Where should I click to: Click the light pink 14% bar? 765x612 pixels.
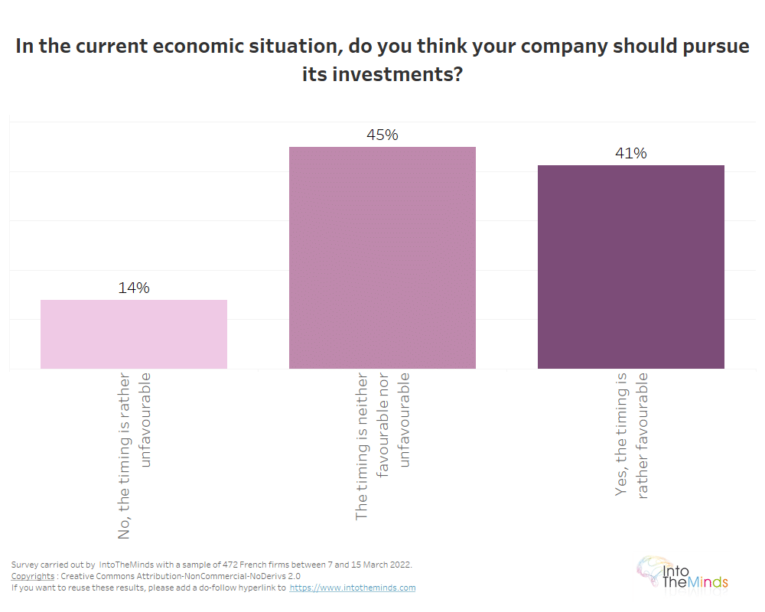[134, 334]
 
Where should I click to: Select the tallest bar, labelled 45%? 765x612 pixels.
[382, 258]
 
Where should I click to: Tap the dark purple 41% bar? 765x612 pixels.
[630, 267]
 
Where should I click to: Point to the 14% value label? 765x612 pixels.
[134, 288]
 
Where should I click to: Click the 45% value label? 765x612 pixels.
[382, 135]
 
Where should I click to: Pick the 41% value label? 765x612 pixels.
[630, 154]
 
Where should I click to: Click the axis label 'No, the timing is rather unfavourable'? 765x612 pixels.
[135, 455]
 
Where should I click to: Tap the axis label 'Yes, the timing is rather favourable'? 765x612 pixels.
[632, 435]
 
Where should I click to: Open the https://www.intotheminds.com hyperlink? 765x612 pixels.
[353, 588]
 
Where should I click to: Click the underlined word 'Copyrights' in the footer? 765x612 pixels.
[33, 576]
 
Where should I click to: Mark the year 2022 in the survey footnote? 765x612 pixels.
[399, 565]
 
